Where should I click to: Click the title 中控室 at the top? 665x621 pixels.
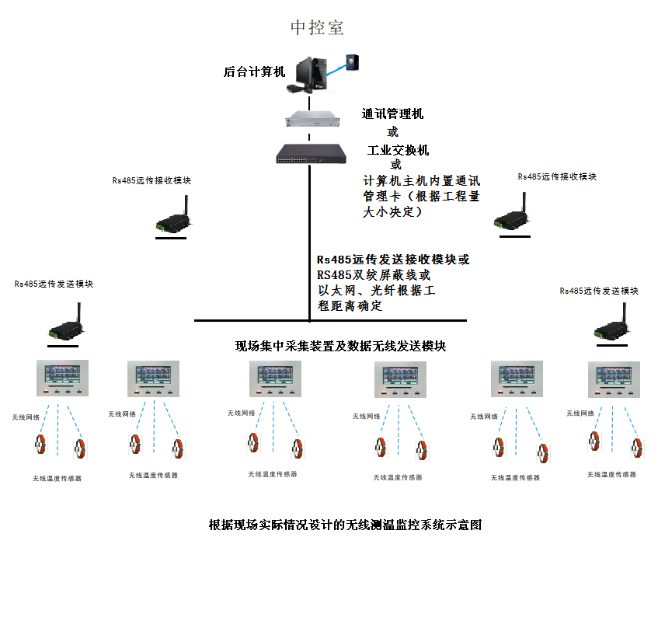click(317, 28)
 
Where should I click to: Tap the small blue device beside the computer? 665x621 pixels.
click(354, 61)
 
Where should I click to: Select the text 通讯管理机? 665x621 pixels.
click(392, 114)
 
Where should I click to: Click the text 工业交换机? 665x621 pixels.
click(398, 149)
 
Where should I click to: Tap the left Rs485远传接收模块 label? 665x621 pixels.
click(151, 180)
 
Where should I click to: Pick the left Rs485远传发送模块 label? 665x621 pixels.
click(54, 284)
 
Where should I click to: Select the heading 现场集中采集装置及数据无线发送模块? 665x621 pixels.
click(340, 346)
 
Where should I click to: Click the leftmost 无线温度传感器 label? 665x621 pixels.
click(57, 479)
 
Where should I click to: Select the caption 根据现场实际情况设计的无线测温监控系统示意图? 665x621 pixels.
click(346, 525)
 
